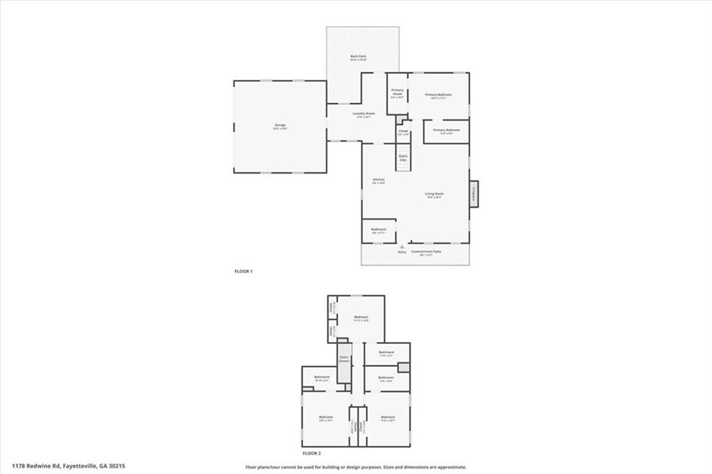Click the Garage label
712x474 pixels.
point(280,125)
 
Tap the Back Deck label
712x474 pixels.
point(358,57)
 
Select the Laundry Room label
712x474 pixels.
point(364,114)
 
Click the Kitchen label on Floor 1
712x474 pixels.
point(379,180)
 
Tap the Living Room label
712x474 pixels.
point(435,194)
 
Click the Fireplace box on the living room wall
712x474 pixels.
point(474,193)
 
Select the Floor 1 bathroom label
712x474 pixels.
point(378,229)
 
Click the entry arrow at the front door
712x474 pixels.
point(402,247)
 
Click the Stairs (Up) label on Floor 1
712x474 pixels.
point(403,157)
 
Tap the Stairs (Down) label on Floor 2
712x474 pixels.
point(343,360)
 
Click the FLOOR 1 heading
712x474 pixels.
point(243,271)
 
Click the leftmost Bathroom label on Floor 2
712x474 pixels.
point(321,377)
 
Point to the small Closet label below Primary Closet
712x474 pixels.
point(403,131)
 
